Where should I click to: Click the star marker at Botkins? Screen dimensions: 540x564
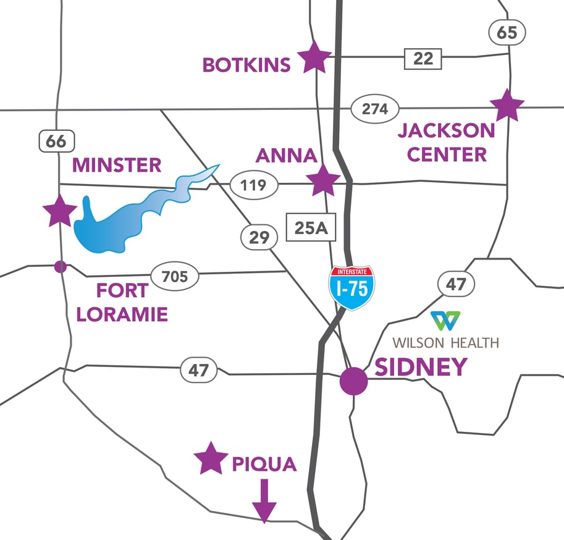click(314, 57)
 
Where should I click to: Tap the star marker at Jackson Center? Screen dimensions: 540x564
click(507, 106)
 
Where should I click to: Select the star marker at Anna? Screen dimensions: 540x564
click(323, 180)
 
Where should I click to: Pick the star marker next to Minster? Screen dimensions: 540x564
click(60, 211)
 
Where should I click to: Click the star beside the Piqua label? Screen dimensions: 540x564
click(211, 458)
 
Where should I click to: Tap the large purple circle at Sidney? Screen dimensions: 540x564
click(354, 381)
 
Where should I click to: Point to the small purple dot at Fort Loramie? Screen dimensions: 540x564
click(60, 266)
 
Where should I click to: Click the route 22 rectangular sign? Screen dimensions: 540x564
click(423, 59)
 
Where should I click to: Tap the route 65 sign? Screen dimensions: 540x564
click(506, 32)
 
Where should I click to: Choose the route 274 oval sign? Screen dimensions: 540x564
click(375, 109)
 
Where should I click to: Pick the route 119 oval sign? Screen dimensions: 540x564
click(254, 185)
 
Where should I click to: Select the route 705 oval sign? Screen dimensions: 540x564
click(175, 276)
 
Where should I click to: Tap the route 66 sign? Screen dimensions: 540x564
click(56, 141)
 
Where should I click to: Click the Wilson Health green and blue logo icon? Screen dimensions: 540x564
click(445, 321)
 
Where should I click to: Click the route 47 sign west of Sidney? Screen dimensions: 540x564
click(199, 371)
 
